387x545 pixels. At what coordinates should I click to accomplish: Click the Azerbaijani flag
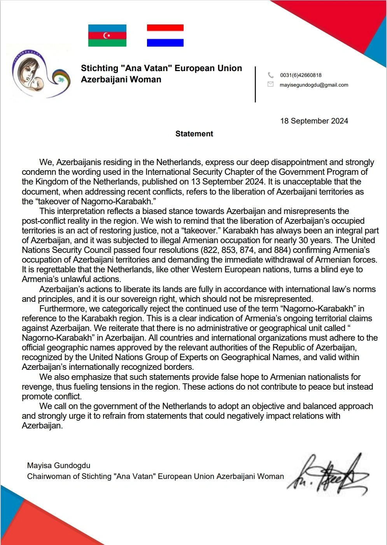click(x=107, y=36)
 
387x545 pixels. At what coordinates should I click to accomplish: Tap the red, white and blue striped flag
click(x=165, y=36)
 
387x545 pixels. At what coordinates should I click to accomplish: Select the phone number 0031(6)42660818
click(x=301, y=75)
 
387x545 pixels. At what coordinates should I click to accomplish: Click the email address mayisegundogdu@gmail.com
click(x=314, y=85)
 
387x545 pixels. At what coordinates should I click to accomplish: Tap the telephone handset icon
click(x=271, y=75)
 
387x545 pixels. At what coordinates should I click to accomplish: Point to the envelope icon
click(x=271, y=84)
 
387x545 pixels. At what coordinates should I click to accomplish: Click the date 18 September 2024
click(x=314, y=121)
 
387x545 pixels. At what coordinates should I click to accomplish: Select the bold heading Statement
click(x=194, y=134)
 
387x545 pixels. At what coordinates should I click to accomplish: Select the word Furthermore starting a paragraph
click(x=62, y=309)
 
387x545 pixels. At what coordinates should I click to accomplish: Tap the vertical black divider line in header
click(x=255, y=84)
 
